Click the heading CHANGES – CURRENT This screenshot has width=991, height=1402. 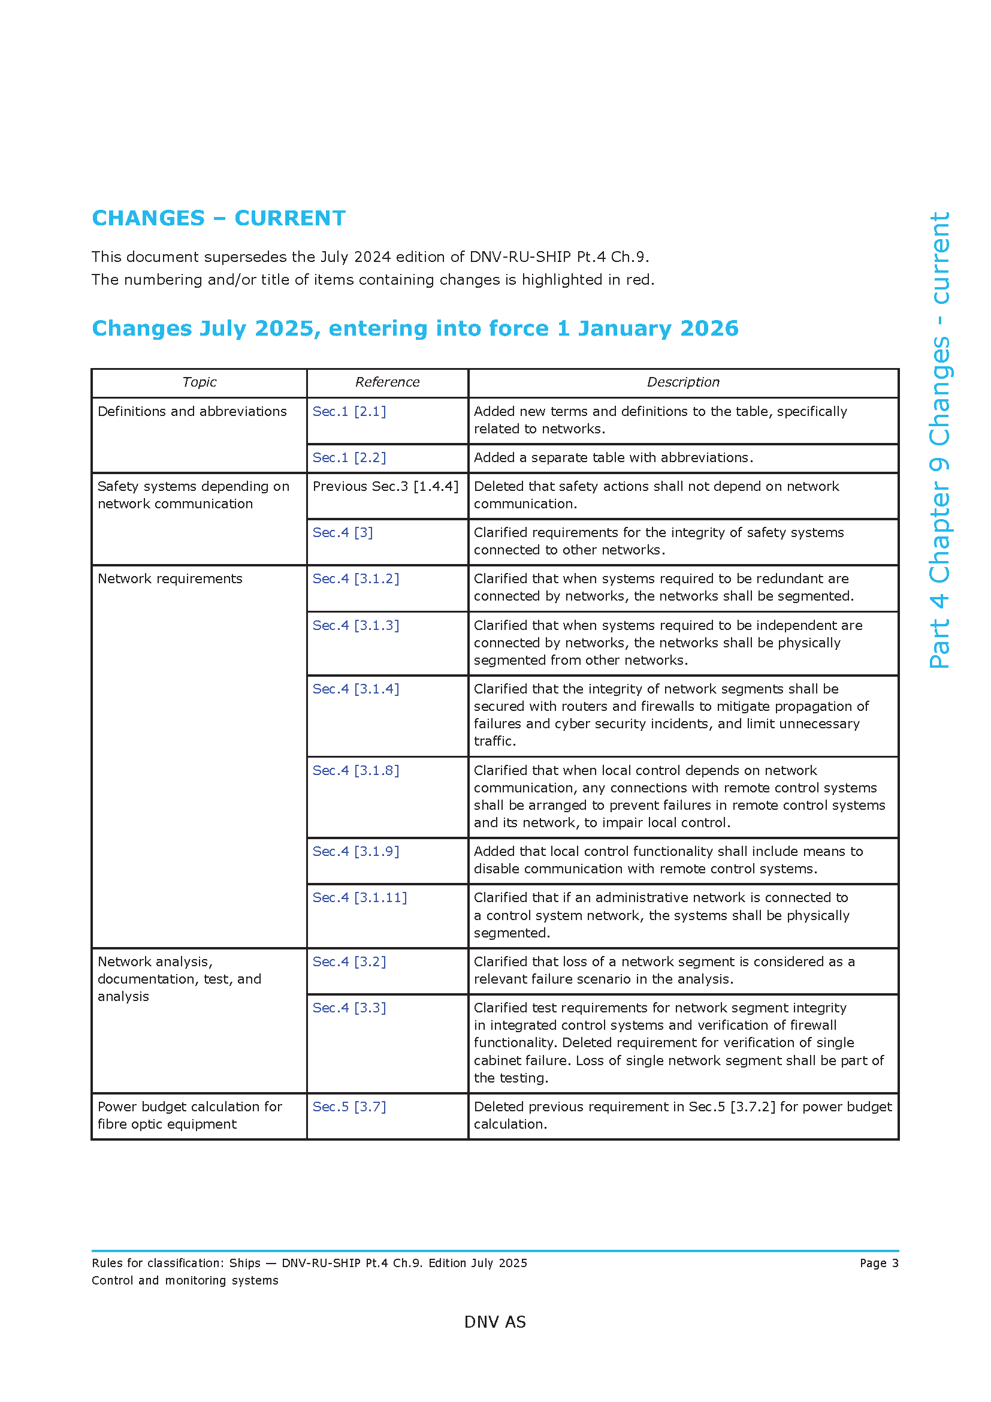click(219, 218)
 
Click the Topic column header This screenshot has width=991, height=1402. click(199, 382)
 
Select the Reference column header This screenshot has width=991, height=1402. click(387, 382)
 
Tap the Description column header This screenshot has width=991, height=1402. click(683, 382)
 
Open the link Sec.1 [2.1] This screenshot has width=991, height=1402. click(349, 412)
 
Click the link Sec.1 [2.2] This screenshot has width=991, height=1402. click(349, 457)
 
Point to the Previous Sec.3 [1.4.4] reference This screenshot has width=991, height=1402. click(385, 486)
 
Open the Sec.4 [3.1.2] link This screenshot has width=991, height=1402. click(356, 578)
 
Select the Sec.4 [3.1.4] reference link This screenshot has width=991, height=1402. click(356, 689)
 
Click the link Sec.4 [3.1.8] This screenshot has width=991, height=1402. click(356, 771)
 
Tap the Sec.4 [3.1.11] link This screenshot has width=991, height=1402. click(359, 897)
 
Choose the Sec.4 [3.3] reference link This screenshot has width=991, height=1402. click(349, 1008)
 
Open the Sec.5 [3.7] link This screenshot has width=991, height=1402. click(349, 1106)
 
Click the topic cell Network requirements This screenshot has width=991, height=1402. click(170, 578)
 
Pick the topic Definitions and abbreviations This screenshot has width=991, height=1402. click(192, 412)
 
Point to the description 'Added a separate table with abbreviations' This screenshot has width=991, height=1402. click(614, 457)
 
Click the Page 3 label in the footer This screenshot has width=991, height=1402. click(879, 1263)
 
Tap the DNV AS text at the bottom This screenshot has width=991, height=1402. click(495, 1322)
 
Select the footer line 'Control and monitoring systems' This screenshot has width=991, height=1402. click(185, 1280)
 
